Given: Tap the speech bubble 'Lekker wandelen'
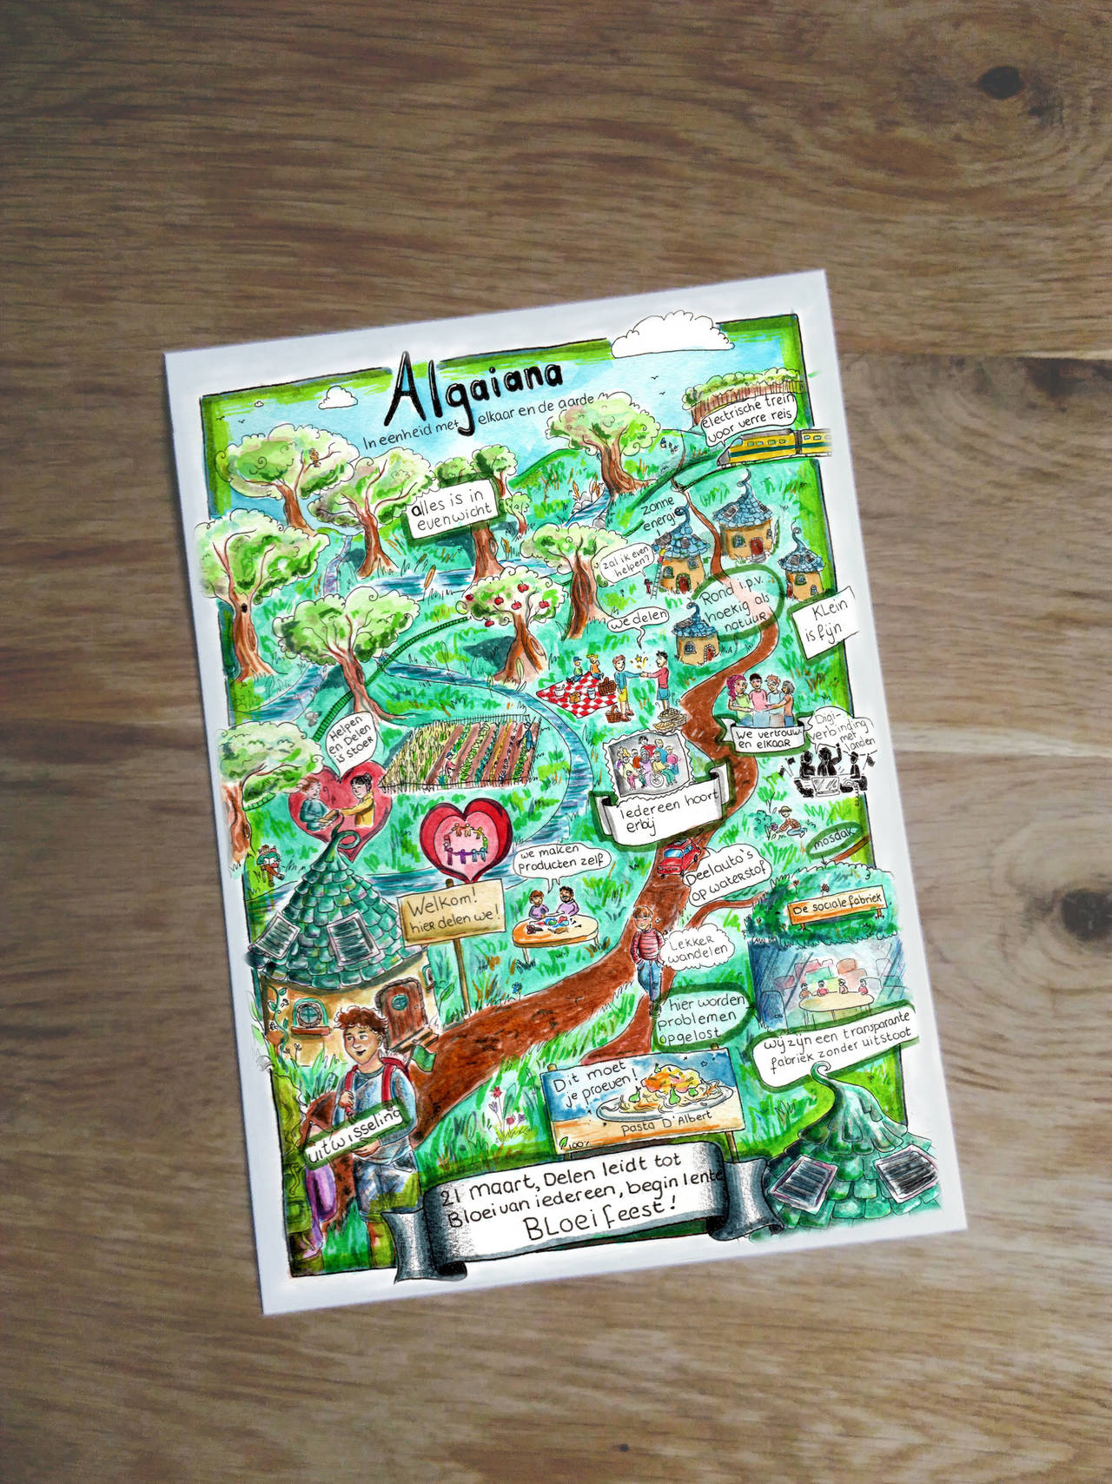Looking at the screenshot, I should pos(696,948).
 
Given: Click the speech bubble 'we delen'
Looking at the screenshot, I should pos(639,619).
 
